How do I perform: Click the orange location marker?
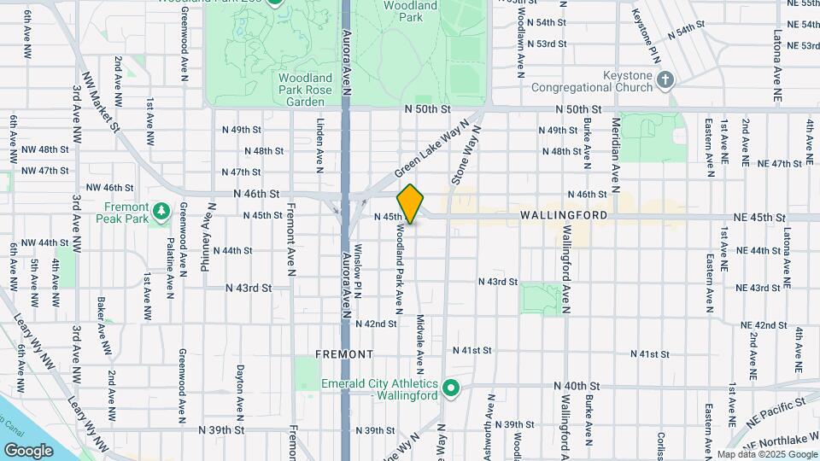[x=410, y=204]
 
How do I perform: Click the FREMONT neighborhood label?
[x=344, y=353]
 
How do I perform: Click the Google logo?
[x=28, y=450]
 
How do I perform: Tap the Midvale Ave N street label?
[x=420, y=344]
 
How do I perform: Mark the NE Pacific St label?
[x=778, y=411]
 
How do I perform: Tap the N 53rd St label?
[x=548, y=44]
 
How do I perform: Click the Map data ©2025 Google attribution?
[x=766, y=454]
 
